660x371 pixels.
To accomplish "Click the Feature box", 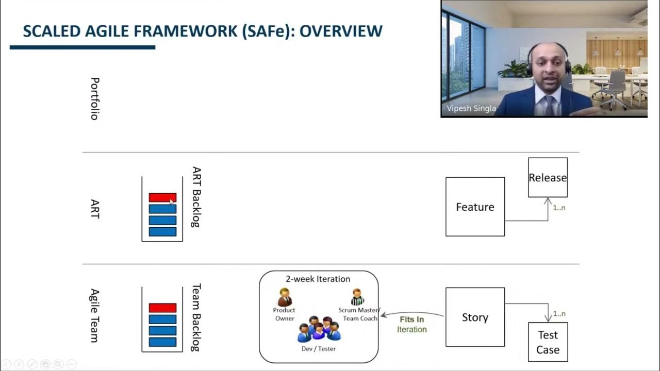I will tap(475, 207).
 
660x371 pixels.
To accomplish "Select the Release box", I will tap(548, 177).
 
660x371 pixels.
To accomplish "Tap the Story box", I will tap(475, 317).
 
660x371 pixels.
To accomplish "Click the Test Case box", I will tap(548, 342).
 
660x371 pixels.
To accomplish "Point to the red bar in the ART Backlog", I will tap(162, 197).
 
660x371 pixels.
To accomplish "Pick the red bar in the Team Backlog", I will tap(162, 308).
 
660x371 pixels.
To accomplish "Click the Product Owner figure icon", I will tap(284, 297).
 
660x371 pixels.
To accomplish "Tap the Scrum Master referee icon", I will tap(357, 297).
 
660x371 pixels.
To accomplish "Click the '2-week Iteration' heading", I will tap(318, 279).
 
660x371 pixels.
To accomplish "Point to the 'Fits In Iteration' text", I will tap(411, 324).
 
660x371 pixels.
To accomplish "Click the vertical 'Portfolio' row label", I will tap(94, 98).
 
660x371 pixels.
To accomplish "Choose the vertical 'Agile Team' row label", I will tap(94, 315).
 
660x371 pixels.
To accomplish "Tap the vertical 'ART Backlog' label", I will tap(196, 196).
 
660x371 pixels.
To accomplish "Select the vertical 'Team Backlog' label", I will tap(196, 317).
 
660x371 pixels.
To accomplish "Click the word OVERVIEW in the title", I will tap(341, 31).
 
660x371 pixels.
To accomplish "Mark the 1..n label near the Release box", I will tap(559, 208).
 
